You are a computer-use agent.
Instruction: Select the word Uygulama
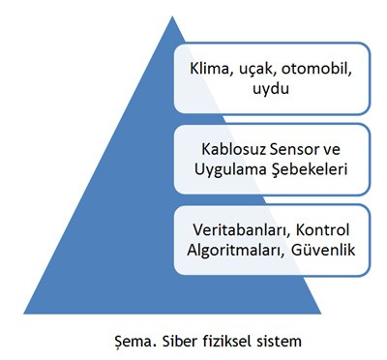pyautogui.click(x=234, y=173)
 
